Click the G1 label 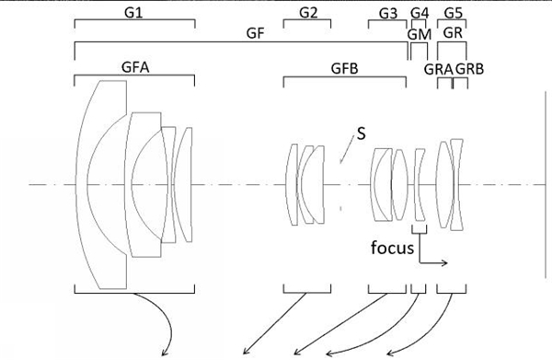[133, 13]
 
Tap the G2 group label [308, 13]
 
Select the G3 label [388, 14]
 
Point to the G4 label [420, 14]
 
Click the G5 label [453, 14]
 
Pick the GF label [255, 33]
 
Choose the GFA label [135, 67]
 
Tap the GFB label [345, 68]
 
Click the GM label [420, 34]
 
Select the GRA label [438, 69]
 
